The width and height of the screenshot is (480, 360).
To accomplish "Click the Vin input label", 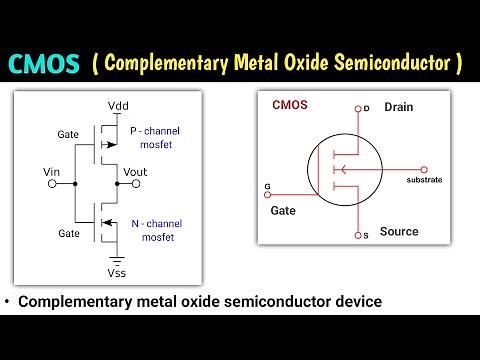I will click(x=55, y=173).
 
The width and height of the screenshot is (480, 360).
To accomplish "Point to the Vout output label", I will click(x=135, y=173).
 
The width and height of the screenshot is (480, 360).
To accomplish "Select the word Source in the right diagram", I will click(x=399, y=231).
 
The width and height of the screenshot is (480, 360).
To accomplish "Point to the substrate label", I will click(x=424, y=180).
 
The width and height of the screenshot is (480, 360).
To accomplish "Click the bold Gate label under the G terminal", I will click(x=284, y=211).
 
